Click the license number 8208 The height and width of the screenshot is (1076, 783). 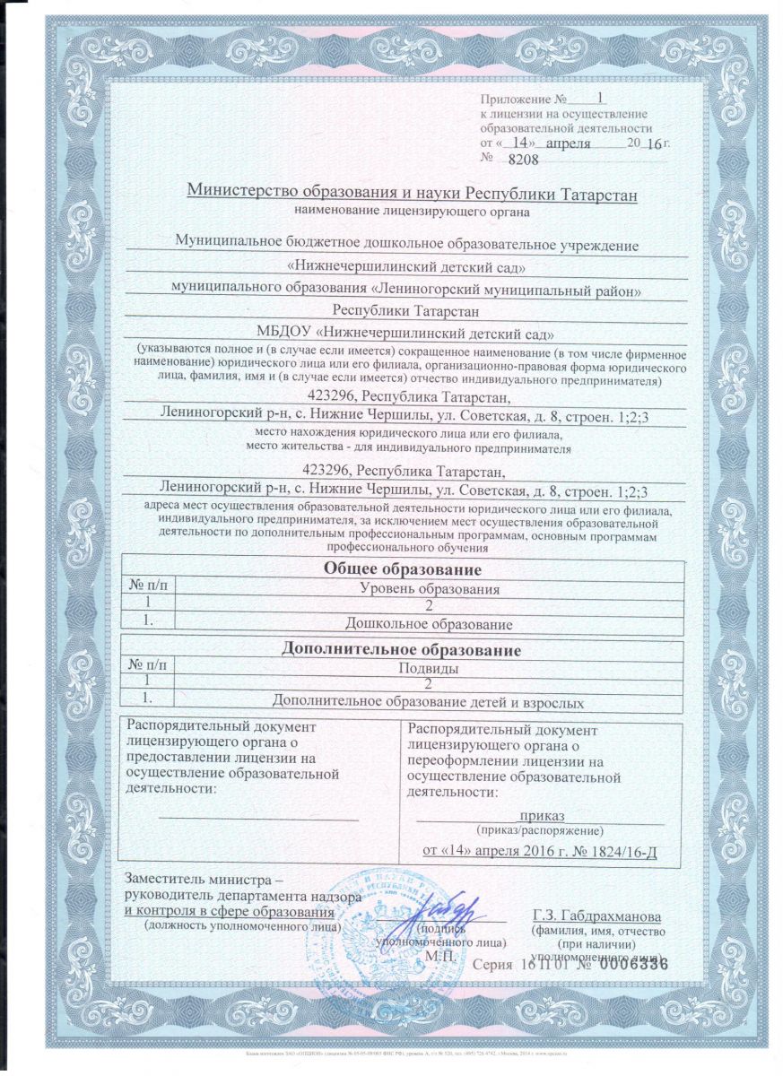[522, 159]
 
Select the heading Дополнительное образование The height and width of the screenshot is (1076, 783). [402, 648]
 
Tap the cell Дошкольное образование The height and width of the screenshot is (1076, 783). [428, 622]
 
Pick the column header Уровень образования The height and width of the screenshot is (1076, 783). [428, 588]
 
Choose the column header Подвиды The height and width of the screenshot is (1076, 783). [428, 667]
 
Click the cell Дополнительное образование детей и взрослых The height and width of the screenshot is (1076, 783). [428, 702]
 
